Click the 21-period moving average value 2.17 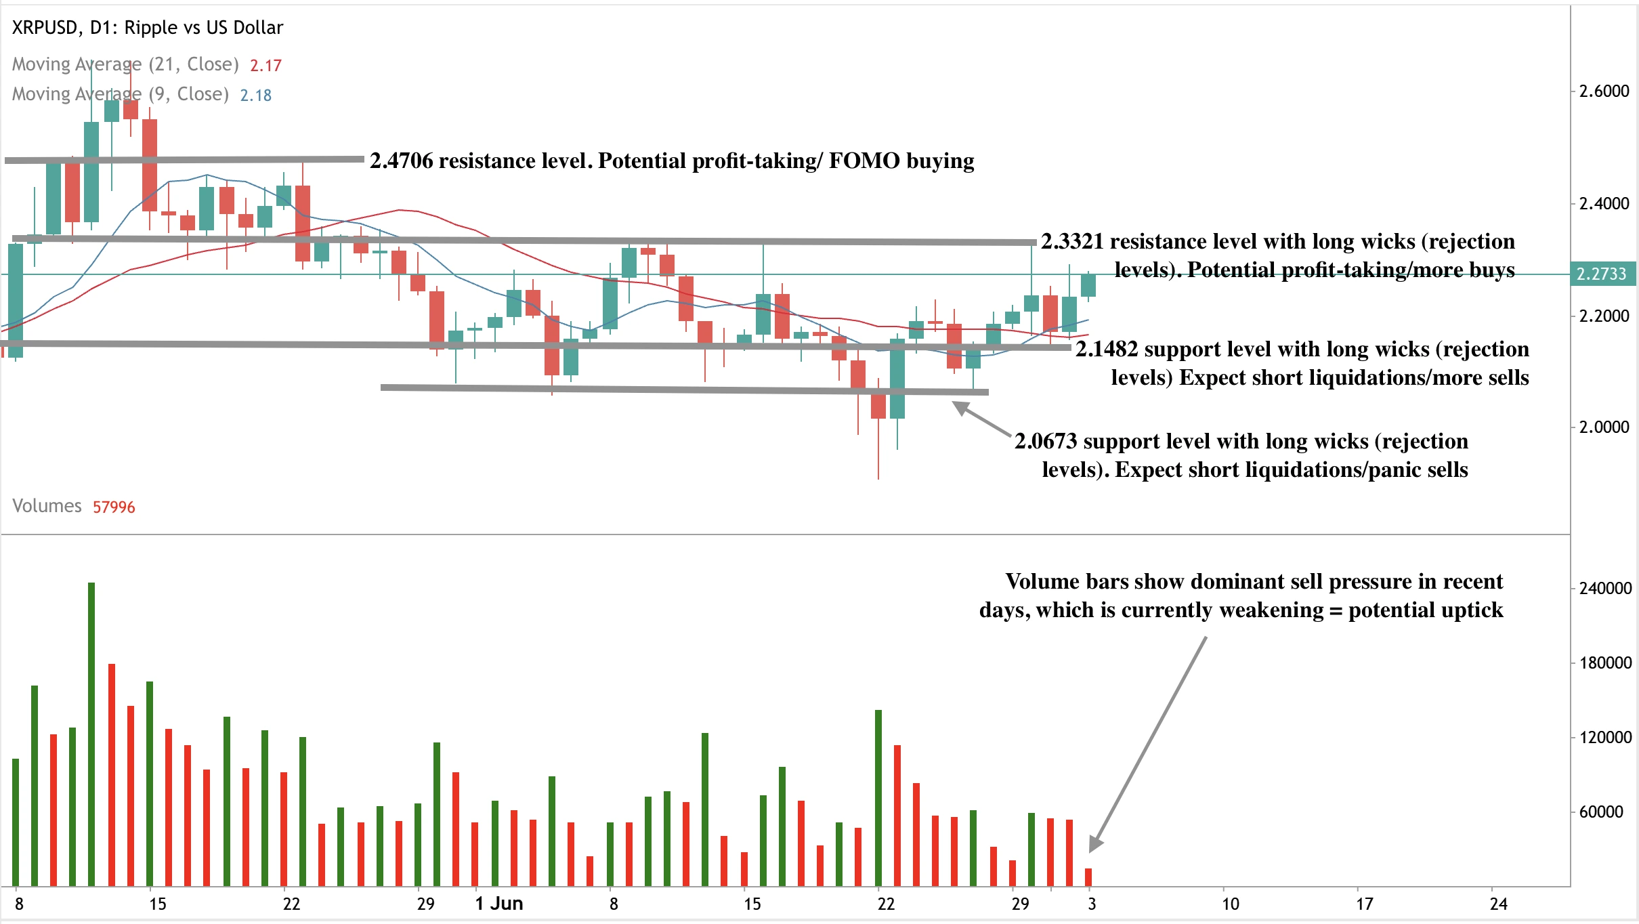pyautogui.click(x=265, y=66)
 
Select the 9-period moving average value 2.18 pyautogui.click(x=255, y=96)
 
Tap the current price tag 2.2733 pyautogui.click(x=1601, y=274)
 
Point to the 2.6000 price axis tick pyautogui.click(x=1603, y=91)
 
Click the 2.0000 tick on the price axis pyautogui.click(x=1603, y=427)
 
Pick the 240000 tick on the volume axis pyautogui.click(x=1604, y=589)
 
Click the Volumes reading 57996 pyautogui.click(x=114, y=507)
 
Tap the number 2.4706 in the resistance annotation pyautogui.click(x=401, y=161)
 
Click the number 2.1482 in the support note pyautogui.click(x=1107, y=350)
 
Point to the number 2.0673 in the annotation pyautogui.click(x=1046, y=442)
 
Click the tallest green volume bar pyautogui.click(x=91, y=734)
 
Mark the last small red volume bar pyautogui.click(x=1088, y=877)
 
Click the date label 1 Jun pyautogui.click(x=499, y=904)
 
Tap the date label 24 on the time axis pyautogui.click(x=1499, y=904)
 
